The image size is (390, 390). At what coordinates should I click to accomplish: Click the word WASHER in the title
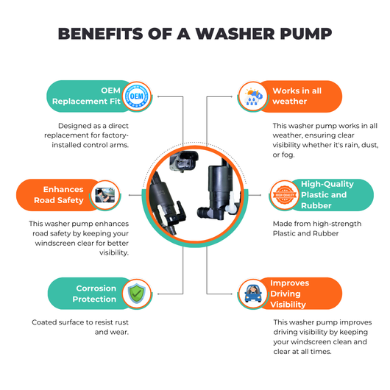235,34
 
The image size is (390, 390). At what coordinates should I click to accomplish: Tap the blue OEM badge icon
137,96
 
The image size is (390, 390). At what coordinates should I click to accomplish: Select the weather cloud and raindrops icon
253,96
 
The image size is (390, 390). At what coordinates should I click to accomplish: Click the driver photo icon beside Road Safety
105,195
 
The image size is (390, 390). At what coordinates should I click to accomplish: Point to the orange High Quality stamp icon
285,195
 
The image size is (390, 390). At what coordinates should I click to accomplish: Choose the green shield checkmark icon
137,294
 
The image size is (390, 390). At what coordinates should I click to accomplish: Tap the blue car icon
253,294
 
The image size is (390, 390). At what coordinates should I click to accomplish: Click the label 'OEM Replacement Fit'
86,96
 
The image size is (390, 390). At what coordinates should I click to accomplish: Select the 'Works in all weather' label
297,96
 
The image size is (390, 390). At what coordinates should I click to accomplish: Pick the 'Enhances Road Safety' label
59,195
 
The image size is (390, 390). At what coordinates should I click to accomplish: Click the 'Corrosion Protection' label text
94,294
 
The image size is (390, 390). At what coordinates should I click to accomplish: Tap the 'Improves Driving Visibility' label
289,294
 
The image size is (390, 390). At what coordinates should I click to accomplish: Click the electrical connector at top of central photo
184,161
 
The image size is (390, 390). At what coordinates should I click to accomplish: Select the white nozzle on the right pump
232,202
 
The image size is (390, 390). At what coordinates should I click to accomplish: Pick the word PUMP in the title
306,34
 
